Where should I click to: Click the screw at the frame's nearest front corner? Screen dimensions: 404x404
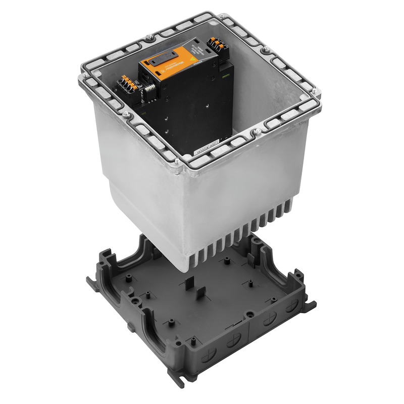(x=177, y=162)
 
